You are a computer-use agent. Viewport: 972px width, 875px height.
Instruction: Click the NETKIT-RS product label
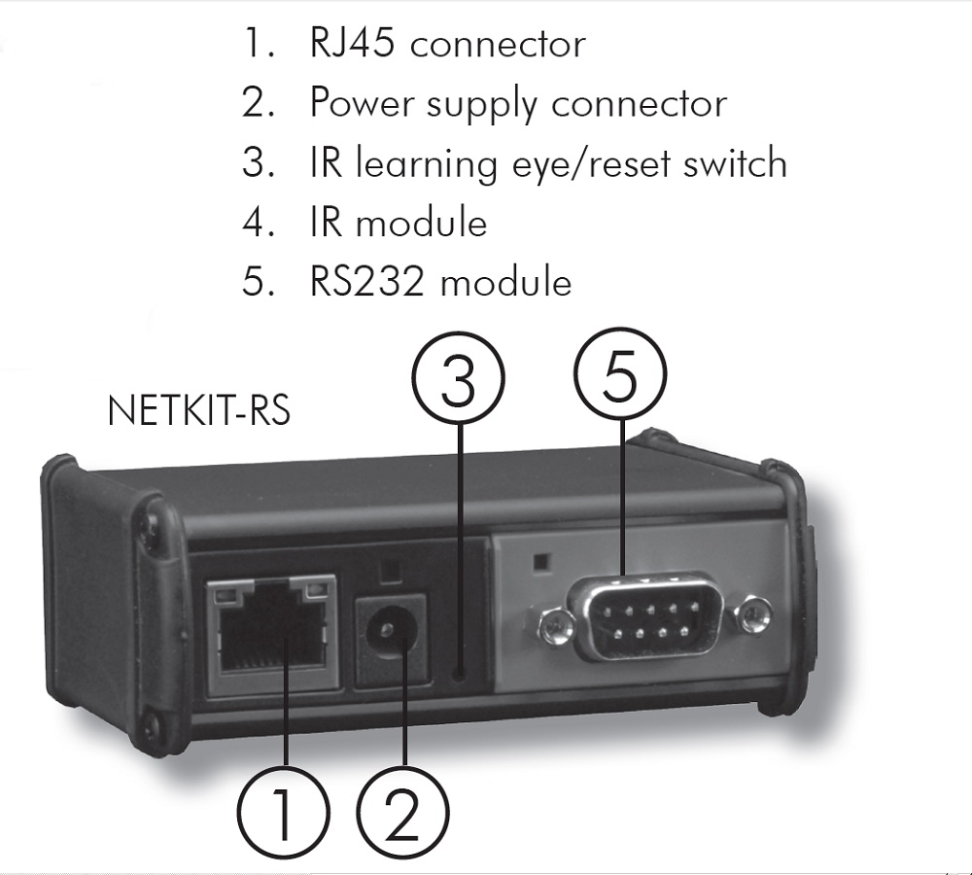click(x=198, y=410)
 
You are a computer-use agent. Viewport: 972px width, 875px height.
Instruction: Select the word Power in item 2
click(x=361, y=103)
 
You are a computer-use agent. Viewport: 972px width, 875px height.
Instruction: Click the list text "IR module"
click(x=398, y=223)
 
